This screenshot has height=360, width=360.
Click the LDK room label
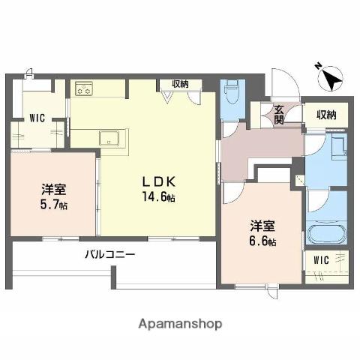click(x=160, y=181)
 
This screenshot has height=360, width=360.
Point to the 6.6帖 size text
click(x=262, y=241)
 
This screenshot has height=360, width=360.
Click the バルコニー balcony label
click(x=109, y=255)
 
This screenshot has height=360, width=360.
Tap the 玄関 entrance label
click(x=278, y=113)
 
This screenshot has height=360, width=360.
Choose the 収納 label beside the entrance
click(x=325, y=114)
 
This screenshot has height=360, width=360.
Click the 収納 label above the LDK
click(x=180, y=85)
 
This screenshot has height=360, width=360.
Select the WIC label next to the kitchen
click(x=38, y=117)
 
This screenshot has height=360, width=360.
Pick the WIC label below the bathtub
click(x=321, y=260)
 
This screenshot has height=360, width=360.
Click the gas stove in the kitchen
click(x=83, y=89)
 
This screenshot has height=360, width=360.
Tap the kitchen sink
click(x=112, y=138)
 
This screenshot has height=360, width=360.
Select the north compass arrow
click(x=330, y=77)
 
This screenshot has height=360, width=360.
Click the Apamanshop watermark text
click(x=180, y=325)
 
